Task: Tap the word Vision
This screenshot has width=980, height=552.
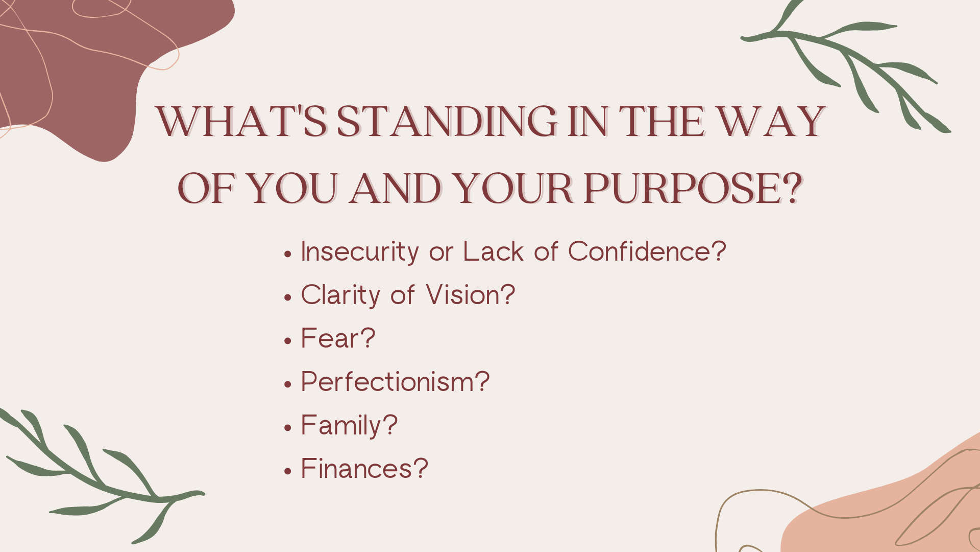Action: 462,295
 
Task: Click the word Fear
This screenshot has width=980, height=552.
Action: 330,338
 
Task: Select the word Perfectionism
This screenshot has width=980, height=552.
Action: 387,382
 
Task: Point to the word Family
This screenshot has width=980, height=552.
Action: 341,426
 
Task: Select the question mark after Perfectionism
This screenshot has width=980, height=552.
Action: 482,381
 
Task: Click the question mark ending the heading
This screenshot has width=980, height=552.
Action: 793,188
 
